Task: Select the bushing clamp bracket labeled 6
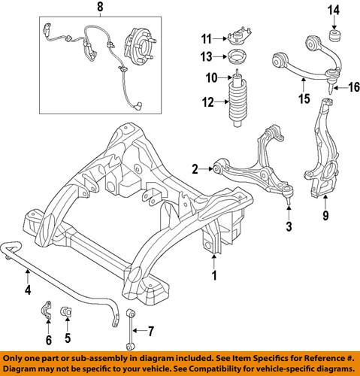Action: coord(46,311)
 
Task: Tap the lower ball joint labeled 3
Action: coord(287,197)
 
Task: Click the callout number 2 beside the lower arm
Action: coord(194,168)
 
